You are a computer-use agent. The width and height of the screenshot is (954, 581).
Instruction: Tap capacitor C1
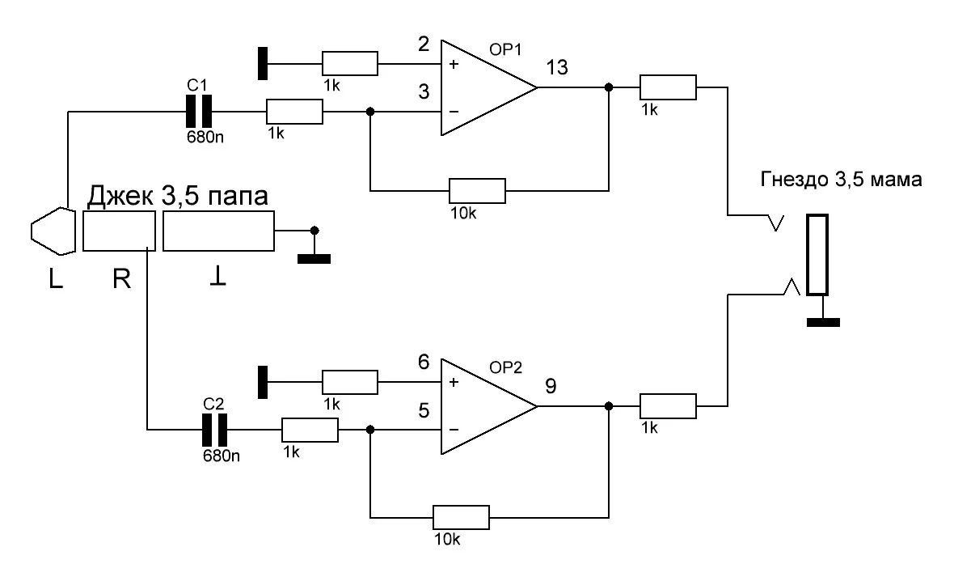tap(199, 111)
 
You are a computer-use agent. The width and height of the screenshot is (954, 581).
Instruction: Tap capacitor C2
tap(213, 429)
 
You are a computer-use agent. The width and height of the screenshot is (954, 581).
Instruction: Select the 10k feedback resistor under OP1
tap(477, 191)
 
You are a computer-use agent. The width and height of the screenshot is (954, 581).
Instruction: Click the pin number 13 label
tap(558, 68)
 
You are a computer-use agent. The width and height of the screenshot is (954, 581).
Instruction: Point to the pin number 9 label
tap(551, 386)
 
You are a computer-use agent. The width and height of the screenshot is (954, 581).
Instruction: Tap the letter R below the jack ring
tap(119, 279)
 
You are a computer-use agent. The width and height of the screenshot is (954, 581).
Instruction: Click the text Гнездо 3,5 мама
tap(841, 180)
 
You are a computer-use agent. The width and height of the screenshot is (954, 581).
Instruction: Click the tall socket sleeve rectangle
tap(819, 255)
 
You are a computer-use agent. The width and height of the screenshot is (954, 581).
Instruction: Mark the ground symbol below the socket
tap(822, 322)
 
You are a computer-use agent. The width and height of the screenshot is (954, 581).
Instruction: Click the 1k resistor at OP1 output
tap(668, 87)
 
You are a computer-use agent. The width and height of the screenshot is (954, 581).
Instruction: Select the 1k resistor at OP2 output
tap(668, 405)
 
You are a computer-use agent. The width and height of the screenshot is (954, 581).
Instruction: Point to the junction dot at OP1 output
tap(609, 87)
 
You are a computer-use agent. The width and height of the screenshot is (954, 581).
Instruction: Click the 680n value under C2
tap(220, 456)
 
